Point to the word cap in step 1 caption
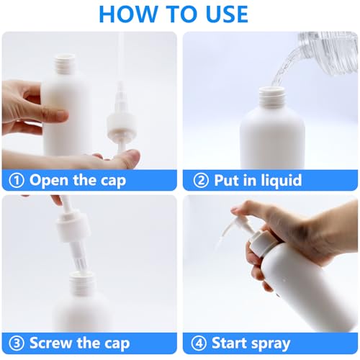(111, 180)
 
